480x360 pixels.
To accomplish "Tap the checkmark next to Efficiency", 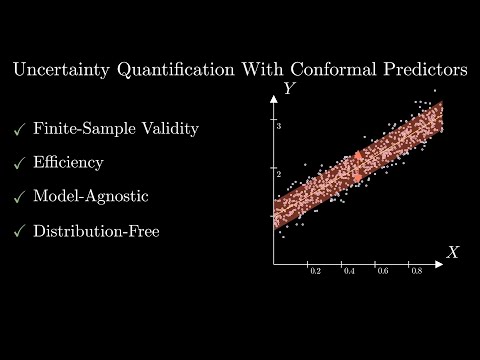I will click(x=18, y=162).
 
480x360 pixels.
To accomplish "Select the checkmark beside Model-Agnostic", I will click(x=18, y=196).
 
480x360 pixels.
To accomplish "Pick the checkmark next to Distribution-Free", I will click(x=18, y=230).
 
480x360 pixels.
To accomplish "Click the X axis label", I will click(x=452, y=252).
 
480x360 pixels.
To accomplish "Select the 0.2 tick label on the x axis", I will click(x=315, y=272).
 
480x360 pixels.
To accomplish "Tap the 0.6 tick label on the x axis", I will click(x=382, y=272).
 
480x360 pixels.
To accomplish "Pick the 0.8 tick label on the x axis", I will click(x=415, y=272).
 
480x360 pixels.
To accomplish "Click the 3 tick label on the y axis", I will click(x=280, y=127).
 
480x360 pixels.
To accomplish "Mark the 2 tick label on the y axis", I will click(x=280, y=173).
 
